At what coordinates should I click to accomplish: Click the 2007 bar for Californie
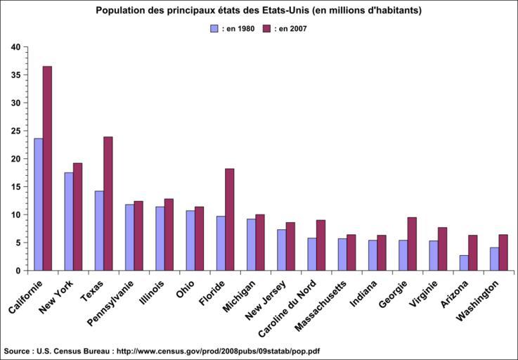click(47, 169)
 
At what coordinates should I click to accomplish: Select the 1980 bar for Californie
click(38, 205)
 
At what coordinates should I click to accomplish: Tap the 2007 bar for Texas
click(108, 204)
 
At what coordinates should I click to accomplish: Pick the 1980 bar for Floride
click(221, 243)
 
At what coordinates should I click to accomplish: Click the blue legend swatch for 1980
click(215, 29)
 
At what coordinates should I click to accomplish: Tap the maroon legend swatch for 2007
click(266, 29)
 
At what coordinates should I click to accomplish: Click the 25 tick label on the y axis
click(15, 131)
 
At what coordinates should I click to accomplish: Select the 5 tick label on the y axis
click(18, 243)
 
